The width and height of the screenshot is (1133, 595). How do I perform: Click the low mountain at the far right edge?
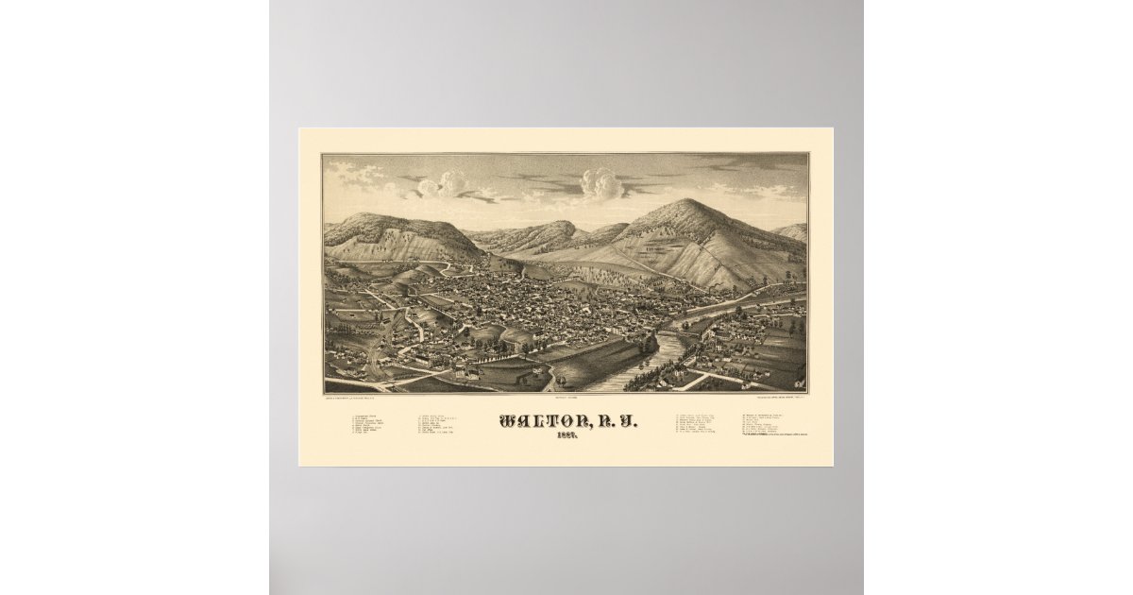pos(793,231)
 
